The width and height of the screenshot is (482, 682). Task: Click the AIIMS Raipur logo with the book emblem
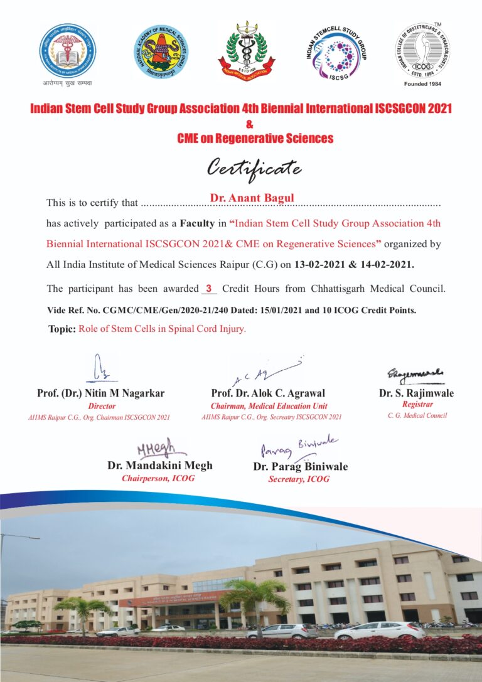[68, 51]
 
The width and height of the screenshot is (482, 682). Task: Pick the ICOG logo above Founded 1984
[422, 50]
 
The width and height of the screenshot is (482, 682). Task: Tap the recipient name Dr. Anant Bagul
[252, 198]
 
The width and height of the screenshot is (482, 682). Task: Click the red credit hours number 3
[208, 289]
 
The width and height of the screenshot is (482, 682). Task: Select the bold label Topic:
[62, 329]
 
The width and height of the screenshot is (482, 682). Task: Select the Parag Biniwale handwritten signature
[298, 448]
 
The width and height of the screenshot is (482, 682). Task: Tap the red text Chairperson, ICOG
[158, 478]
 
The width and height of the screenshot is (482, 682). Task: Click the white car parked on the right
[371, 631]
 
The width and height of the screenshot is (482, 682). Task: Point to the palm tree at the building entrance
[255, 596]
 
